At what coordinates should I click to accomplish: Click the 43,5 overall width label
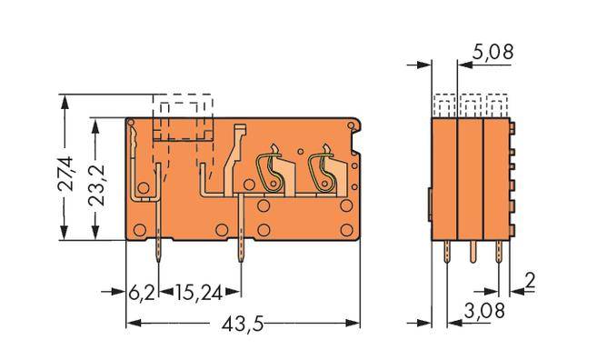[241, 323]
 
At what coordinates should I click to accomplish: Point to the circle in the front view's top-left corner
[132, 125]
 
